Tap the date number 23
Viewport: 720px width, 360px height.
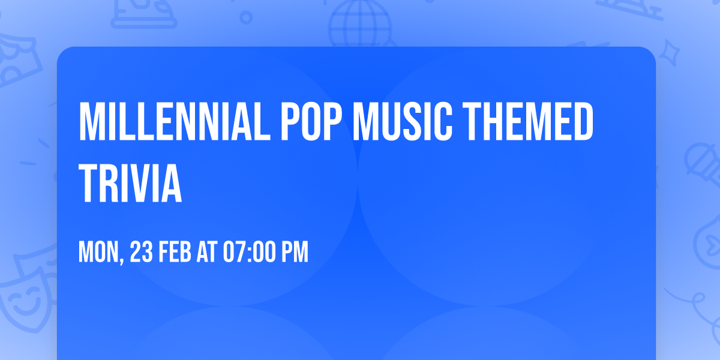pyautogui.click(x=141, y=253)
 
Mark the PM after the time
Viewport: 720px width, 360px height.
pyautogui.click(x=295, y=253)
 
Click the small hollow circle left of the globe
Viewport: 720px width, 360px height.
pyautogui.click(x=246, y=17)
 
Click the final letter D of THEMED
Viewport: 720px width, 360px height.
pyautogui.click(x=581, y=122)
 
